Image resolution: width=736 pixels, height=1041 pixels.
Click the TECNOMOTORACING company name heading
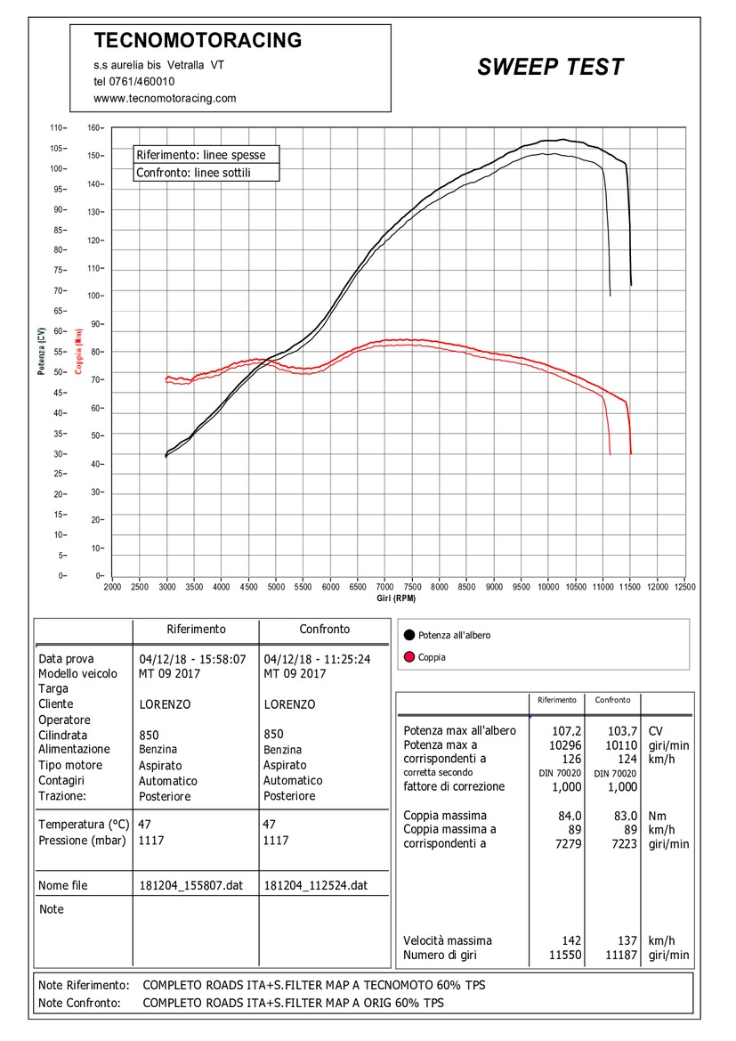[x=198, y=40]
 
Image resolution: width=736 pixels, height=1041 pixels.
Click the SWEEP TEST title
[x=551, y=67]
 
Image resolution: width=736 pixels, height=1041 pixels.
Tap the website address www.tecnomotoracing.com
[x=165, y=98]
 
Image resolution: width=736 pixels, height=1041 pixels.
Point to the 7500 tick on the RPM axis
[x=412, y=587]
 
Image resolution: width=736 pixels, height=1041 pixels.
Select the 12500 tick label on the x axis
[x=685, y=587]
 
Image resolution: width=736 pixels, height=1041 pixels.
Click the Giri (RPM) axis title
[x=396, y=598]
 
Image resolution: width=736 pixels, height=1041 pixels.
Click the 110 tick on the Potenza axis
[x=56, y=128]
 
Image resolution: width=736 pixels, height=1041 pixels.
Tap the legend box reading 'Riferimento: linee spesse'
[x=206, y=155]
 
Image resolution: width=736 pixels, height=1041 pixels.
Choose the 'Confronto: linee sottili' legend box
[x=206, y=173]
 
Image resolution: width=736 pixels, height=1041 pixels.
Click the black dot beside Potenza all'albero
[x=408, y=635]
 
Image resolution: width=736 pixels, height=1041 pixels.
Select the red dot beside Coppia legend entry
[x=408, y=657]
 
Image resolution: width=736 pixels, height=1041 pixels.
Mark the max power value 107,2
[x=567, y=731]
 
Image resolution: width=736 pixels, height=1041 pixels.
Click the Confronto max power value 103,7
[x=622, y=731]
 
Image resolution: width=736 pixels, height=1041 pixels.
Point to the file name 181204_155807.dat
[x=191, y=885]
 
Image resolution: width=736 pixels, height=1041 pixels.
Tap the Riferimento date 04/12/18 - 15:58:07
[x=192, y=659]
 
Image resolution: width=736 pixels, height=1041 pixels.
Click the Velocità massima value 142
[x=571, y=940]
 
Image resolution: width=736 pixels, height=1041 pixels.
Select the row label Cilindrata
[x=62, y=735]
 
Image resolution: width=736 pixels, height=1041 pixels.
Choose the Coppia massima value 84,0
[x=570, y=816]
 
